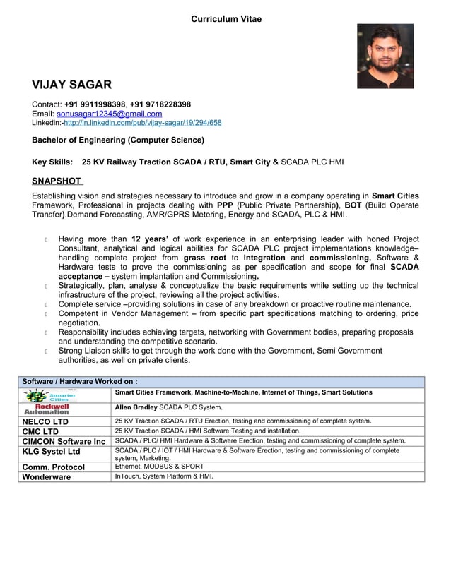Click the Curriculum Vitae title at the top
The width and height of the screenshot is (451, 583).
(x=225, y=19)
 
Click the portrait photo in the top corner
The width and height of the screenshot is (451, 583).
(x=385, y=56)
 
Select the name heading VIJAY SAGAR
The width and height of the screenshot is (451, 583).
(x=71, y=85)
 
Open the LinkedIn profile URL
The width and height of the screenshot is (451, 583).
(x=142, y=123)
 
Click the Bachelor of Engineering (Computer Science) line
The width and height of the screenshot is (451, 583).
(x=118, y=140)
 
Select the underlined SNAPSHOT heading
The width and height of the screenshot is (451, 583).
(x=57, y=181)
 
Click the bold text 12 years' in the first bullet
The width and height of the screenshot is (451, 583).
(x=154, y=239)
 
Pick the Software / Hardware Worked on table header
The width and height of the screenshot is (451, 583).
(x=80, y=381)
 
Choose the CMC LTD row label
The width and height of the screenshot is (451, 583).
(x=41, y=431)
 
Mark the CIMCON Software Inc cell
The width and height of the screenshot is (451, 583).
(x=64, y=441)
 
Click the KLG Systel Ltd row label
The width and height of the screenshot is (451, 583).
(x=52, y=452)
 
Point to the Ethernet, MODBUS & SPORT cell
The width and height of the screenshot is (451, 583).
(x=159, y=467)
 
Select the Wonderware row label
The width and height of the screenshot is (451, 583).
(x=47, y=476)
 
